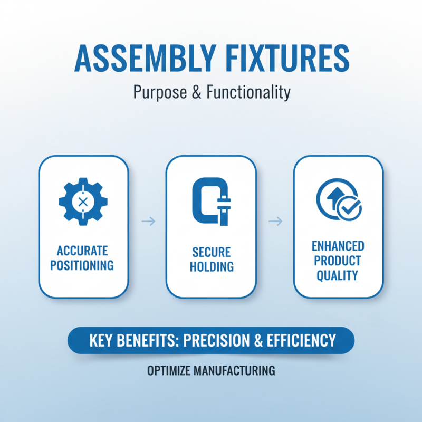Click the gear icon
tap(83, 201)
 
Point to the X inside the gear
tap(83, 202)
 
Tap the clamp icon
tap(210, 202)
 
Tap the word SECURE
tap(211, 252)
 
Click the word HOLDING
tap(211, 267)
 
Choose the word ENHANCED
tap(338, 246)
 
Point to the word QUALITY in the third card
tap(338, 275)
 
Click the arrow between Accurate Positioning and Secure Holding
tap(148, 222)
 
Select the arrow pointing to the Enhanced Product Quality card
tap(275, 222)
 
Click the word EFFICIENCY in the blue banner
tap(302, 340)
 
